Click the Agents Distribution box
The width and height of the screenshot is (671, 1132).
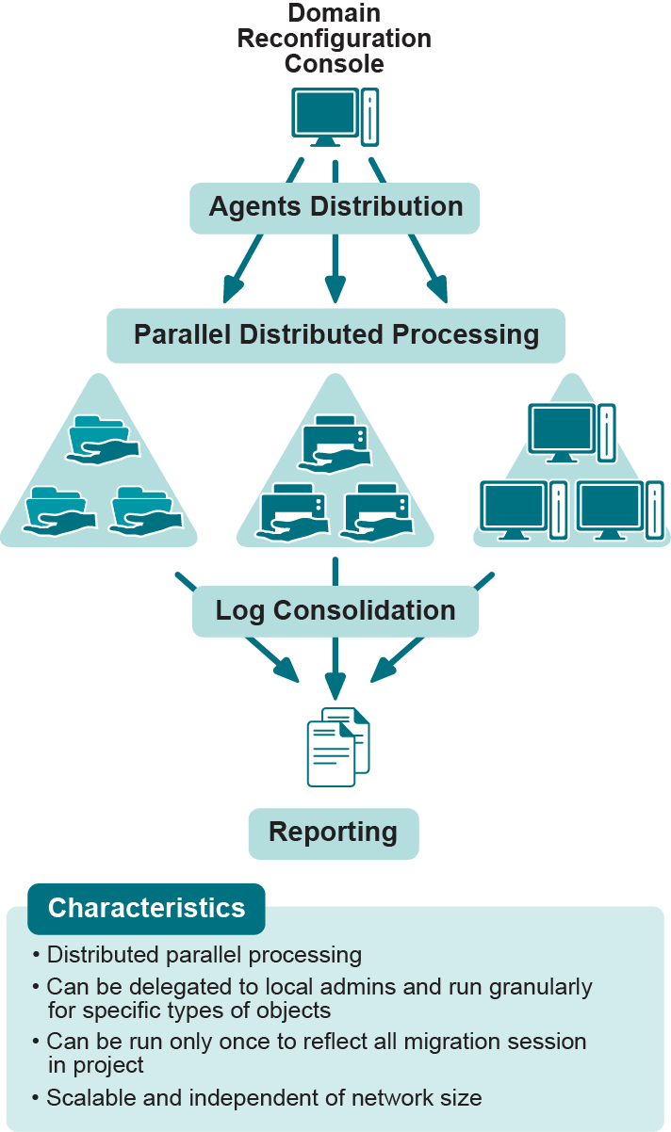335,207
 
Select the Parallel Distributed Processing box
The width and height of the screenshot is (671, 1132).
335,335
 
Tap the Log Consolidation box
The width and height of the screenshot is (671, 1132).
335,610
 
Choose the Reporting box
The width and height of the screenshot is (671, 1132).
333,833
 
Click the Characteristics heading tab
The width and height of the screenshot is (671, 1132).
146,908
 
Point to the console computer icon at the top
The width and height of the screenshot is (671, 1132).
335,117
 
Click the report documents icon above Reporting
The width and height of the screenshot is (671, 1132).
337,746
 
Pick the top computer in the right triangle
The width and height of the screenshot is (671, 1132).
571,432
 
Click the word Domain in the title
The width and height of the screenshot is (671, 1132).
335,13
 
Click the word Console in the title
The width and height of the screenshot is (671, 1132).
335,64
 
